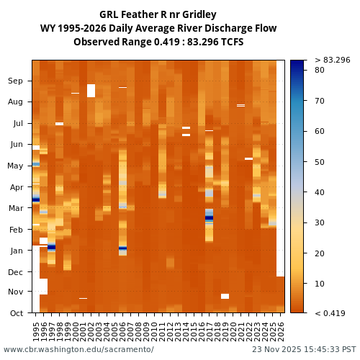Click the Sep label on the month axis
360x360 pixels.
point(15,81)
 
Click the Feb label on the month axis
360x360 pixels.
point(15,230)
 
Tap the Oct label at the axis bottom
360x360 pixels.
point(15,313)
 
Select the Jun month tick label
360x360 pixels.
point(15,145)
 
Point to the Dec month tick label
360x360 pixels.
point(15,272)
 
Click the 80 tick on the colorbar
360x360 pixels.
point(319,70)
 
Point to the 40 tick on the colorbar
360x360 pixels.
point(319,192)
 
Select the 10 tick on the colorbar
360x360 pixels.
point(319,284)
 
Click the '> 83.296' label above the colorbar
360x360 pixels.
point(332,60)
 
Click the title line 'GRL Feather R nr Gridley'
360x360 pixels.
point(158,14)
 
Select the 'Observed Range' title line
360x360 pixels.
point(158,42)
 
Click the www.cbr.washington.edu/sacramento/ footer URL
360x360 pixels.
point(78,349)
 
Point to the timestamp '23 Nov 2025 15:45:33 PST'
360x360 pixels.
point(304,349)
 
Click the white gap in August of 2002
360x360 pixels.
point(91,91)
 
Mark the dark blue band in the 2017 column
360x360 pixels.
point(210,217)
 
